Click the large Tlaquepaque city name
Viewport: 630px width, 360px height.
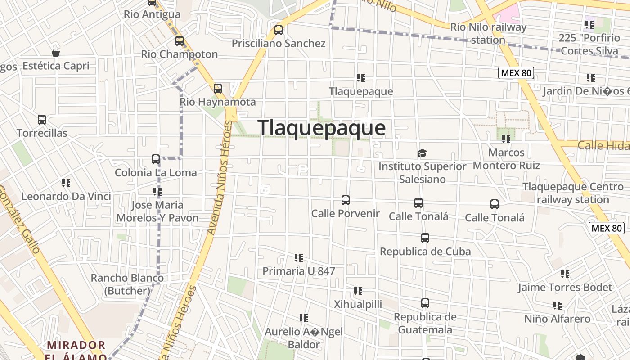pyautogui.click(x=322, y=128)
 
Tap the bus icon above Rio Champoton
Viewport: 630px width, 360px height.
pyautogui.click(x=180, y=41)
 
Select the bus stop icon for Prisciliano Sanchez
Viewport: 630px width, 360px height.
pyautogui.click(x=279, y=30)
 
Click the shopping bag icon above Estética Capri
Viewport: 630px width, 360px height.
pyautogui.click(x=56, y=53)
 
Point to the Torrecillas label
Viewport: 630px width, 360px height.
pyautogui.click(x=42, y=133)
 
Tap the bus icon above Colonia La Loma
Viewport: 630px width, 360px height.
pyautogui.click(x=156, y=159)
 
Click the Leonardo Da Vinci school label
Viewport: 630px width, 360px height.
pyautogui.click(x=66, y=197)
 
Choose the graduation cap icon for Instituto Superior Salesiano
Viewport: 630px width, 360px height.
pyautogui.click(x=422, y=153)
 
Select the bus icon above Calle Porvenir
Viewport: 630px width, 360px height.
pyautogui.click(x=346, y=200)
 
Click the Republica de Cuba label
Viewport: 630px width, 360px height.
pyautogui.click(x=425, y=252)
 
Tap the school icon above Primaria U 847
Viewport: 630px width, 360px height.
pyautogui.click(x=299, y=258)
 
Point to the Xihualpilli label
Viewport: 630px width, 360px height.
pyautogui.click(x=358, y=305)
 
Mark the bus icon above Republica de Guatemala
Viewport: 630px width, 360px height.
pyautogui.click(x=425, y=303)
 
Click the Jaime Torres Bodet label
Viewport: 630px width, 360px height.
pyautogui.click(x=565, y=288)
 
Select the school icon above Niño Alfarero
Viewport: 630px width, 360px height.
pyautogui.click(x=558, y=306)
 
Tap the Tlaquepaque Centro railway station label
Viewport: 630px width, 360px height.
pyautogui.click(x=573, y=193)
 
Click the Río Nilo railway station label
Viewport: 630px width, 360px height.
pyautogui.click(x=488, y=34)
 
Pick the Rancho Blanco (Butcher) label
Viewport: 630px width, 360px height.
pyautogui.click(x=127, y=284)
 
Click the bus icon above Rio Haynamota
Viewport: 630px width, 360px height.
pyautogui.click(x=218, y=89)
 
